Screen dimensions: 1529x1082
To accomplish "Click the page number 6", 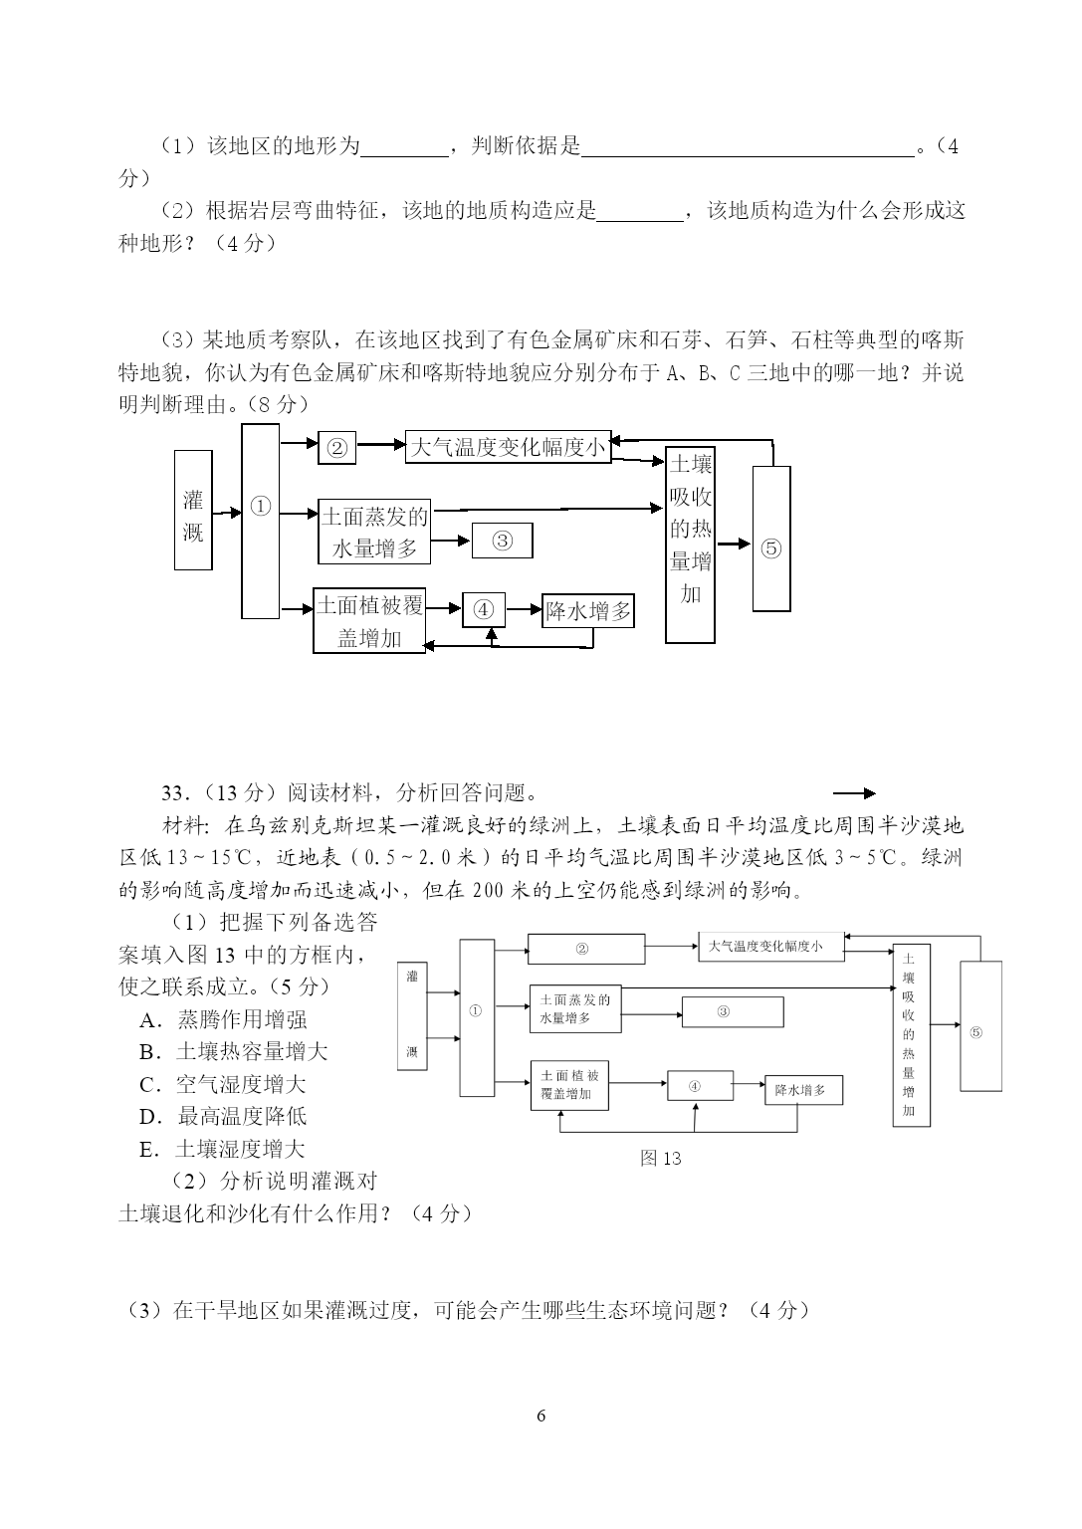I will click(541, 1416).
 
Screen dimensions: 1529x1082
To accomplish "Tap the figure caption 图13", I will click(661, 1158).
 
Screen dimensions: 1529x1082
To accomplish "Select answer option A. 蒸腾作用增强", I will click(223, 1019).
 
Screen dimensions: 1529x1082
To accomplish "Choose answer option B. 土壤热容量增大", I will click(234, 1051).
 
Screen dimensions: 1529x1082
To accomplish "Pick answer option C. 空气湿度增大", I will click(223, 1084).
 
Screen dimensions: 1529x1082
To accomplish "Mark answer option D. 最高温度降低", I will click(223, 1116).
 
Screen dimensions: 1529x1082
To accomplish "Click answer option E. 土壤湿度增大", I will click(223, 1149).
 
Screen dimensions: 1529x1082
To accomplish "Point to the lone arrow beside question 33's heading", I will click(853, 793).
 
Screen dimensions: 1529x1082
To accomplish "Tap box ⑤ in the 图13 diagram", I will click(980, 1032).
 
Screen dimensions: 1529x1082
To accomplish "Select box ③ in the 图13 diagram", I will click(732, 1011).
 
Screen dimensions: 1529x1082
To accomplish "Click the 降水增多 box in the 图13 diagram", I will click(800, 1090).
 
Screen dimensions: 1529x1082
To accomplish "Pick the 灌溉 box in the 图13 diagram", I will click(412, 1016).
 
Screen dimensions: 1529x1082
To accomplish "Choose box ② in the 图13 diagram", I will click(585, 949).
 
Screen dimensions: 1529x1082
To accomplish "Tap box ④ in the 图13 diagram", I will click(699, 1086).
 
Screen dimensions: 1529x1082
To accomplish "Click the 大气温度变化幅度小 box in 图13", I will click(771, 947).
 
